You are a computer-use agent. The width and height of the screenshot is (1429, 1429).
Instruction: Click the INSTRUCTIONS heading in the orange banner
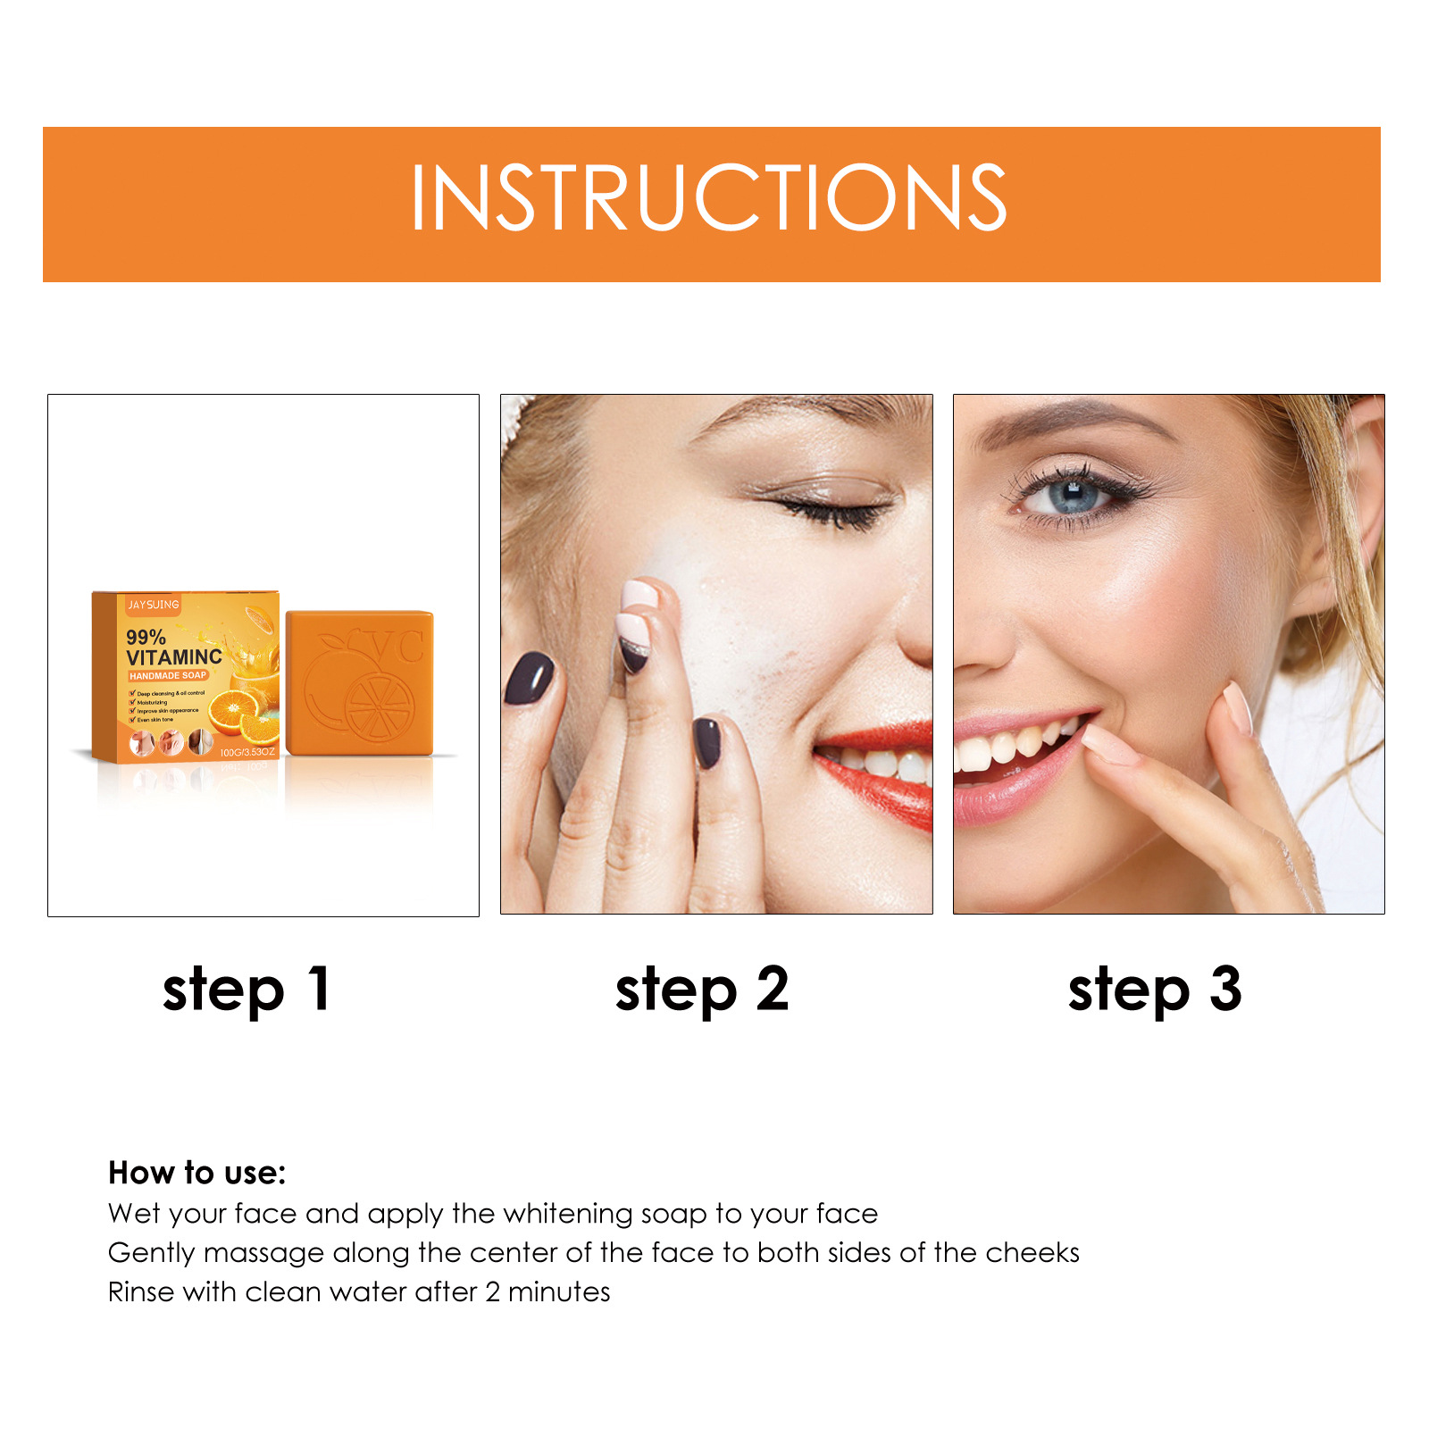coord(709,198)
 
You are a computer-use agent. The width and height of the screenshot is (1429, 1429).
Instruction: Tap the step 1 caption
coord(247,990)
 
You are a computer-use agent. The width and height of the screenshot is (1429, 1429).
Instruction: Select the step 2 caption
coord(702,990)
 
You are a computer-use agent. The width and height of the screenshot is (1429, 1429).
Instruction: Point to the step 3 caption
coord(1155,990)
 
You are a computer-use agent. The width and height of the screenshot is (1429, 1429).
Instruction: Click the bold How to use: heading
coord(196,1173)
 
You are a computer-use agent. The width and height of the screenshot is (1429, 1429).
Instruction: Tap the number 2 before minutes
coord(493,1292)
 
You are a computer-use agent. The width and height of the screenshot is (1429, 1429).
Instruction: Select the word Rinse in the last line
coord(140,1292)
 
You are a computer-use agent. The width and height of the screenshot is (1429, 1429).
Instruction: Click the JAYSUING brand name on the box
coord(153,605)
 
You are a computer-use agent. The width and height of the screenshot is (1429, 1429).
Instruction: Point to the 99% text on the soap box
coord(146,637)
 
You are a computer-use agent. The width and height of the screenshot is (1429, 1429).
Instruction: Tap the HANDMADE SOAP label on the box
coord(168,676)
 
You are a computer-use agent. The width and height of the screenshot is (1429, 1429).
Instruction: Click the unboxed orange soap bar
coord(359,683)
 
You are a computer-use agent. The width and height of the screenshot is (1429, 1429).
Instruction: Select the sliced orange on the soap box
coord(237,711)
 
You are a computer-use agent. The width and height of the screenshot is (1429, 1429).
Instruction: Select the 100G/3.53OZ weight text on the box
coord(247,752)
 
